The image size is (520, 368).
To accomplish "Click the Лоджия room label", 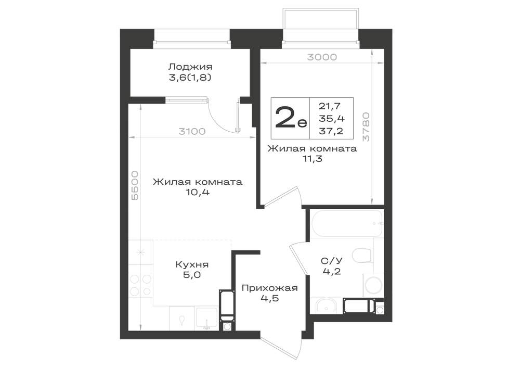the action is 190,67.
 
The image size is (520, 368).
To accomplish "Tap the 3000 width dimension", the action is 322,57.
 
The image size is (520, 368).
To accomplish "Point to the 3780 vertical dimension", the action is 366,127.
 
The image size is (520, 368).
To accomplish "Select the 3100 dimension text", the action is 192,131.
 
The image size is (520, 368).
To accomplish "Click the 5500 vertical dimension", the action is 135,185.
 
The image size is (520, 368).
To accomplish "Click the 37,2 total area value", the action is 331,131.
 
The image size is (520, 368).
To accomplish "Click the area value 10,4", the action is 198,192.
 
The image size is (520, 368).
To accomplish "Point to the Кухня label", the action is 192,264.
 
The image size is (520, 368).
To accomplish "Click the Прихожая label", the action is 269,288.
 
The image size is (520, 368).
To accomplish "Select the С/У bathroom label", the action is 332,261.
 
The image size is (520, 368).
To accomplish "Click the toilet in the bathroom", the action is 361,255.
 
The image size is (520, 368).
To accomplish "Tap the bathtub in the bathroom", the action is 347,223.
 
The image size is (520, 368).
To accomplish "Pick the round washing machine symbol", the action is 373,285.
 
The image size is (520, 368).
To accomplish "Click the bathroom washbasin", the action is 327,306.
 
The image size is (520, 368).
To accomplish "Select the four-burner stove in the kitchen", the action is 140,285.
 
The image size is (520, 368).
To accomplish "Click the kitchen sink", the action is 206,318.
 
